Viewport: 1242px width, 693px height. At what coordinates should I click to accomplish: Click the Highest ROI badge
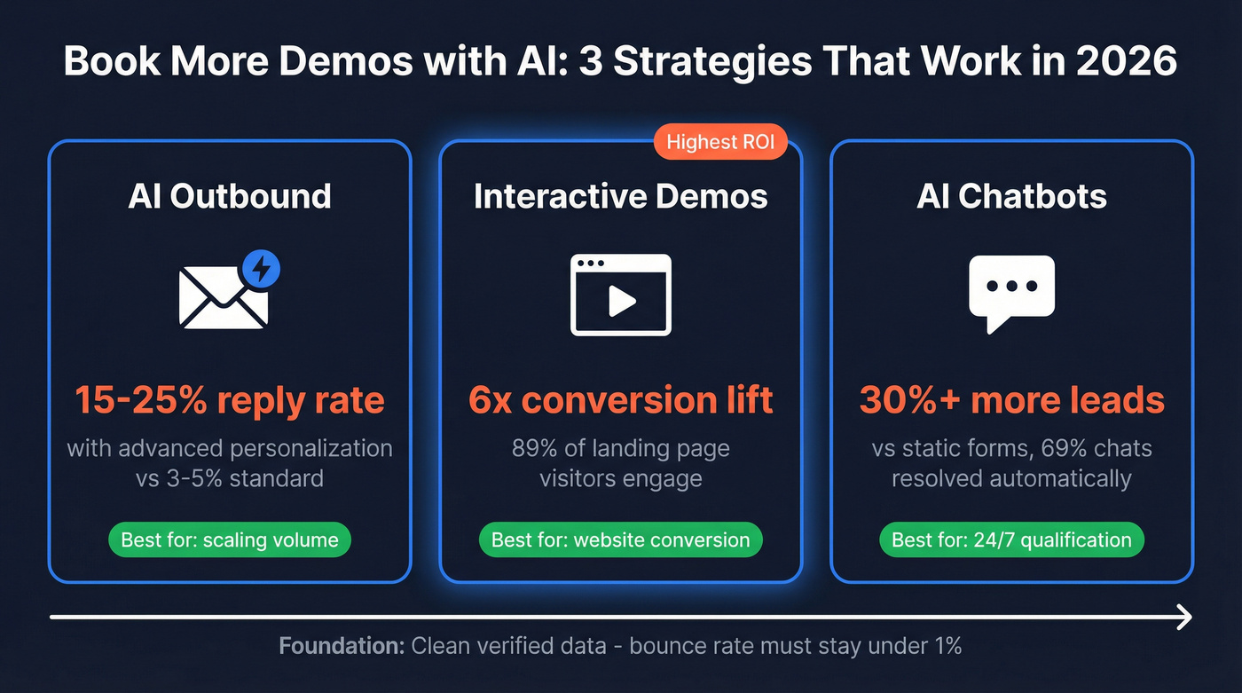(719, 142)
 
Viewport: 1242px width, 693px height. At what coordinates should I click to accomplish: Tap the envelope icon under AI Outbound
(222, 297)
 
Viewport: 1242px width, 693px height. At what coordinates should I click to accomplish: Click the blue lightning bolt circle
(261, 268)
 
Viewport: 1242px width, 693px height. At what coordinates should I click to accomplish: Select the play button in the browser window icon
(621, 302)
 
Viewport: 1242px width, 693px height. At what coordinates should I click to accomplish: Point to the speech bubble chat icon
(1011, 291)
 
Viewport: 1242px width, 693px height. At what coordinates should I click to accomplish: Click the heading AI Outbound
(230, 196)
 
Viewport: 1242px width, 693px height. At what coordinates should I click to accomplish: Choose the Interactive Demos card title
(620, 196)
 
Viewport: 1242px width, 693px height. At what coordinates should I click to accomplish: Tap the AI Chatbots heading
(1011, 196)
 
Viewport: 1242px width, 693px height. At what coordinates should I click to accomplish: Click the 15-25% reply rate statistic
(230, 400)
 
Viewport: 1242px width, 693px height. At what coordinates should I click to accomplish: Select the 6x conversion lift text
(620, 400)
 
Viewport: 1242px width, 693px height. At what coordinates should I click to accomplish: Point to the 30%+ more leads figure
(1011, 400)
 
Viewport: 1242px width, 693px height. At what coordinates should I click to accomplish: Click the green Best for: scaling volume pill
(230, 539)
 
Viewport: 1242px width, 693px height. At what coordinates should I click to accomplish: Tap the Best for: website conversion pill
(620, 539)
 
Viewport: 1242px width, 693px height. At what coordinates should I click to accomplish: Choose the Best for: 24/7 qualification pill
(1011, 539)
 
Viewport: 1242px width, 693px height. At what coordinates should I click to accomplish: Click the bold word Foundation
(342, 645)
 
